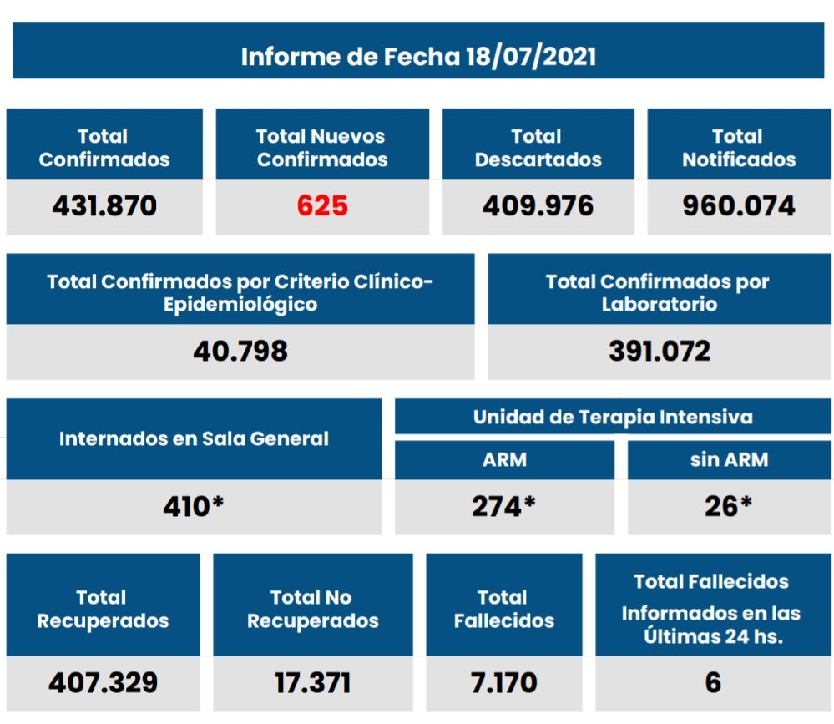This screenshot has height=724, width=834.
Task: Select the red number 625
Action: pos(322,205)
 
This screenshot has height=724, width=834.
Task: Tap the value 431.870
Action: pos(104,205)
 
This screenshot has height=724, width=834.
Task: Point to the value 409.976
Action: pos(538,205)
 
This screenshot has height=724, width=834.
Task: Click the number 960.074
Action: pos(739,205)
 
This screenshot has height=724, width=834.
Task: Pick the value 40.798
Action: pos(240,351)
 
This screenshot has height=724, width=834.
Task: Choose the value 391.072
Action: pos(660,351)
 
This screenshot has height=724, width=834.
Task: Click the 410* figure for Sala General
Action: pos(194,506)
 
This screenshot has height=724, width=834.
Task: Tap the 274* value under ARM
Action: pos(503,506)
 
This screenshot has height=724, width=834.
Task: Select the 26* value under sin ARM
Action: pos(728,506)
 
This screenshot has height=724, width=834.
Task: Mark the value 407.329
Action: pos(103,683)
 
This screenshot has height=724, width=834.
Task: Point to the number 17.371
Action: pos(313,683)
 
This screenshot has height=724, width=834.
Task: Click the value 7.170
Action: pos(503,683)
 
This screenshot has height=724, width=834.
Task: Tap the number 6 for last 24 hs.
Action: pos(713,683)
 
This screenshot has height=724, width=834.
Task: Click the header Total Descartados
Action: pos(538,148)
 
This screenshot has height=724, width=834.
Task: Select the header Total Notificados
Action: pos(739,148)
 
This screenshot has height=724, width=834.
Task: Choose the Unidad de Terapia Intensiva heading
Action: pos(613,417)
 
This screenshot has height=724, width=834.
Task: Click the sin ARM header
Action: pos(729,459)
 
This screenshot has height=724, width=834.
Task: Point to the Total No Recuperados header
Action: pos(312,609)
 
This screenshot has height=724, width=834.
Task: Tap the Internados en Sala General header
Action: pos(194,438)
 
